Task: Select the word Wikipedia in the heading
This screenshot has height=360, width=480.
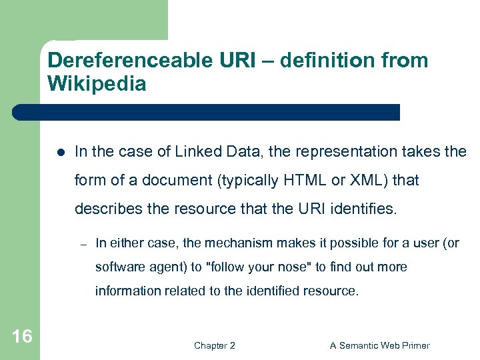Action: pyautogui.click(x=97, y=85)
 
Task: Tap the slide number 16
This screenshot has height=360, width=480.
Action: pyautogui.click(x=21, y=337)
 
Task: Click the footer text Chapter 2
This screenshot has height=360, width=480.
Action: pyautogui.click(x=214, y=345)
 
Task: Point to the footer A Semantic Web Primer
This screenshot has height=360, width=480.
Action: pyautogui.click(x=380, y=345)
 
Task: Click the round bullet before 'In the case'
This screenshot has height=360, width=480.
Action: pyautogui.click(x=60, y=153)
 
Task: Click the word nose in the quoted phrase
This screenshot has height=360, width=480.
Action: pyautogui.click(x=293, y=267)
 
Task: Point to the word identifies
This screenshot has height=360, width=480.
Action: pyautogui.click(x=364, y=209)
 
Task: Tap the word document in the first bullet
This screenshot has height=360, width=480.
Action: pyautogui.click(x=147, y=181)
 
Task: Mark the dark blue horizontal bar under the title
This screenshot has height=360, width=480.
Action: pyautogui.click(x=207, y=112)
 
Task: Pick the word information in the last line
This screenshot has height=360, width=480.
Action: pyautogui.click(x=126, y=291)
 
